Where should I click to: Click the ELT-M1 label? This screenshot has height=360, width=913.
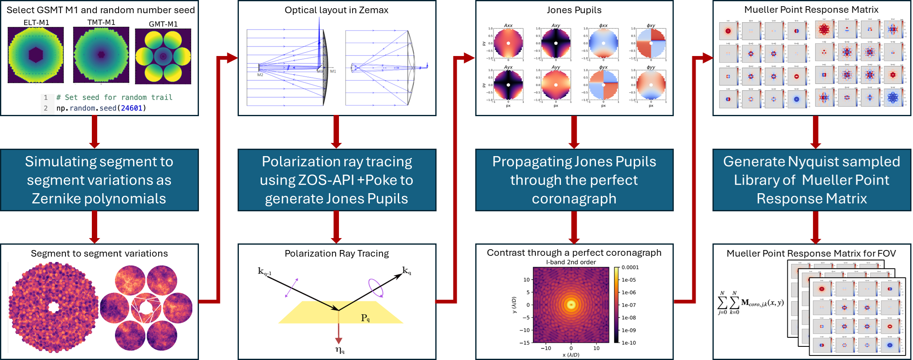click(x=36, y=23)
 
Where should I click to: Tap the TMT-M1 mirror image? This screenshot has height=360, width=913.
click(x=101, y=54)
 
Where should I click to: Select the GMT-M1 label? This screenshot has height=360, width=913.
click(x=163, y=24)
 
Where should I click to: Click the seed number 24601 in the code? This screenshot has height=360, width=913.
click(x=131, y=108)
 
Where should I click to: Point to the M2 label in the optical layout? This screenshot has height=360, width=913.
click(x=260, y=75)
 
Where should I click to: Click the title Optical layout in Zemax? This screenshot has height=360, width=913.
click(x=336, y=10)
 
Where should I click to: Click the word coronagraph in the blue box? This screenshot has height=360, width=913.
click(x=574, y=199)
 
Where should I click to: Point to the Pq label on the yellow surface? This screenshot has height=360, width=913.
click(x=365, y=318)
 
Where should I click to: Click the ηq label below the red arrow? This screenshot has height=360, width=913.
click(x=340, y=350)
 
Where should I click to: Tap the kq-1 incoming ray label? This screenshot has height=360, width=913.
click(x=264, y=271)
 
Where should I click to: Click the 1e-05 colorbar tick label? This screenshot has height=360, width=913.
click(x=628, y=280)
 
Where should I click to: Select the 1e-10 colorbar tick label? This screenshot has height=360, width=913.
click(x=628, y=343)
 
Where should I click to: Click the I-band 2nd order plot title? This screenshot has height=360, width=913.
click(x=571, y=262)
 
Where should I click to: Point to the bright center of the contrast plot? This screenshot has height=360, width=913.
click(x=571, y=304)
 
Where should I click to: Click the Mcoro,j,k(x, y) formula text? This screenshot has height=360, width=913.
click(x=762, y=303)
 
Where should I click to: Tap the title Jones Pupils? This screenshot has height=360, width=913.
click(x=574, y=10)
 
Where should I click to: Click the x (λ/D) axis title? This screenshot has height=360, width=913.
click(x=571, y=355)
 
